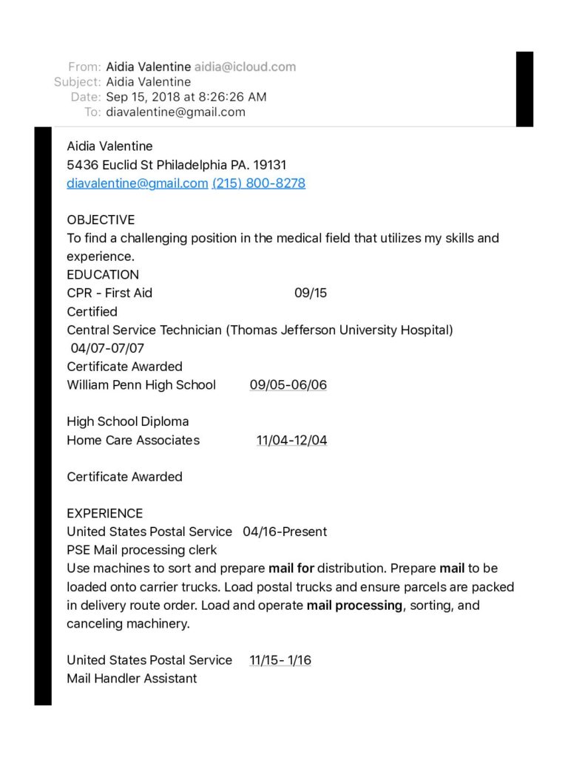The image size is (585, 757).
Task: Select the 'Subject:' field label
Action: [x=77, y=82]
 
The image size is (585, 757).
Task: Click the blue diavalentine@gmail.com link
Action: [x=137, y=183]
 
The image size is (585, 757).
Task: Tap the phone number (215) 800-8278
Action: [x=259, y=183]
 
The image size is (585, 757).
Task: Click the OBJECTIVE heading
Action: [x=101, y=220]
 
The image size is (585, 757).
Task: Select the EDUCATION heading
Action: [x=103, y=274]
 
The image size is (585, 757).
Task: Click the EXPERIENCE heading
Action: [x=105, y=513]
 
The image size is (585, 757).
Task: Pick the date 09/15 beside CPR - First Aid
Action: [x=311, y=293]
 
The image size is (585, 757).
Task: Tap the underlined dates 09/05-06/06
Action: [x=288, y=384]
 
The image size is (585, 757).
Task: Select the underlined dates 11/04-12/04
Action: [x=292, y=440]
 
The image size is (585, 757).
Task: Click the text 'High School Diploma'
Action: [x=128, y=421]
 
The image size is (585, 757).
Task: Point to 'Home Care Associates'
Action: [x=133, y=440]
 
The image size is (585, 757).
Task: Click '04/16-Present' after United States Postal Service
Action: [x=285, y=532]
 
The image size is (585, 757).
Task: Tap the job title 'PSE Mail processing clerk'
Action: [x=142, y=550]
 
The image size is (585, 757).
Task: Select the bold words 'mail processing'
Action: [x=355, y=605]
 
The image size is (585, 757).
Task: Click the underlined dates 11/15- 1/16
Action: [x=280, y=660]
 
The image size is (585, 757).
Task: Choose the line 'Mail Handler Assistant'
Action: [x=132, y=678]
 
